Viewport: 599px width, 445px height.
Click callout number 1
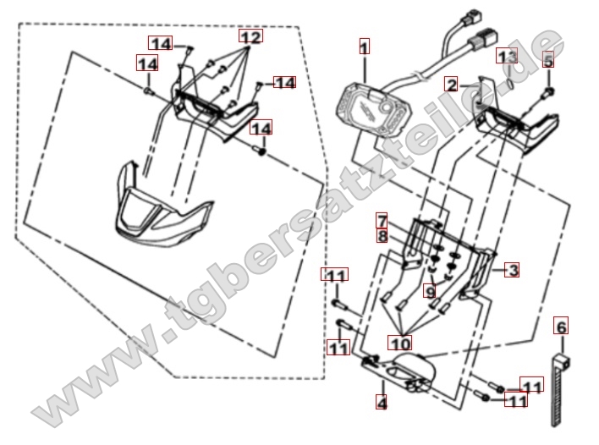coord(365,47)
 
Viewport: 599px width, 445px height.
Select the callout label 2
coord(451,84)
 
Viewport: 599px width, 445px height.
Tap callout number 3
coord(512,270)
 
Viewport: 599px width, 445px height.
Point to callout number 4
coord(382,402)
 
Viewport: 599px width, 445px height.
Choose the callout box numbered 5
coord(548,59)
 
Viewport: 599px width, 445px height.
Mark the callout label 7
coord(382,221)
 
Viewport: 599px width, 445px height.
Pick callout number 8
coord(382,236)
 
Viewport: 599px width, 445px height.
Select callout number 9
coord(430,291)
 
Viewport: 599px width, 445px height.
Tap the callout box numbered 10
coord(399,343)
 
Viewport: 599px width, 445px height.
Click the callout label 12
coord(251,36)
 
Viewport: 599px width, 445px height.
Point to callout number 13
coord(507,56)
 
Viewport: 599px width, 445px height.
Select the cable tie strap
coord(559,390)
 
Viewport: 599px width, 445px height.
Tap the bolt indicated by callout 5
coord(549,91)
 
